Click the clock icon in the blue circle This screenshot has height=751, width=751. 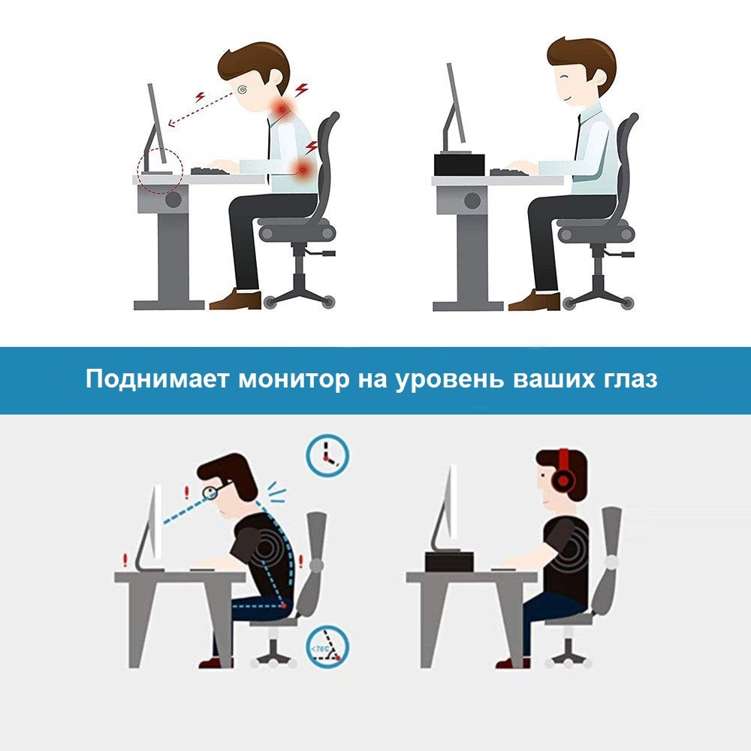pyautogui.click(x=327, y=455)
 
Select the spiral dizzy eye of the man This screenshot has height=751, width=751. pyautogui.click(x=243, y=89)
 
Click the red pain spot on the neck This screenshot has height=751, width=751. pyautogui.click(x=282, y=109)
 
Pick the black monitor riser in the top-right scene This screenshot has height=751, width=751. pyautogui.click(x=460, y=164)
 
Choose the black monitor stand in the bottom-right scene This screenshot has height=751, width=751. pyautogui.click(x=449, y=561)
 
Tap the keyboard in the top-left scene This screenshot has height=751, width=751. pyautogui.click(x=210, y=171)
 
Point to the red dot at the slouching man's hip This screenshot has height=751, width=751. pyautogui.click(x=284, y=606)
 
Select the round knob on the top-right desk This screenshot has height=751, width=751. pyautogui.click(x=472, y=201)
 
